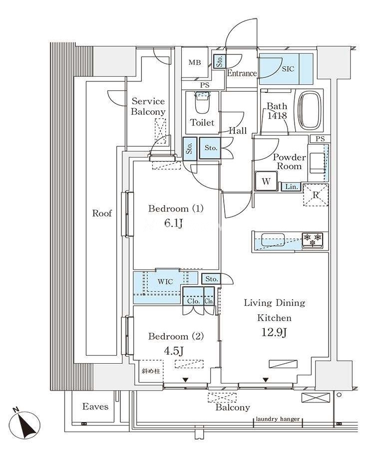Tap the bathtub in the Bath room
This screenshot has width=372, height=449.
[310, 111]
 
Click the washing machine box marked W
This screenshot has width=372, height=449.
[266, 181]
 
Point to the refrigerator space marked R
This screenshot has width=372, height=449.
[316, 195]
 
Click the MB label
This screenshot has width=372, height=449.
[195, 62]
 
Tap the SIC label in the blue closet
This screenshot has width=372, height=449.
[288, 69]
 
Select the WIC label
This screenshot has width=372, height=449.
[165, 281]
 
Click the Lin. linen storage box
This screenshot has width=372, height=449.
[291, 187]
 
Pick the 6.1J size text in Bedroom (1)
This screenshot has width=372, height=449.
[174, 224]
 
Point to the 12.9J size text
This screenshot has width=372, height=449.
[274, 332]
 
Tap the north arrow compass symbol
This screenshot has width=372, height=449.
[24, 424]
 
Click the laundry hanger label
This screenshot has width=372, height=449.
[278, 419]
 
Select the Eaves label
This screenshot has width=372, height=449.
[95, 406]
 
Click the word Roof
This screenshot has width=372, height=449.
[102, 214]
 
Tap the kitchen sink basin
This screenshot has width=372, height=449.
[273, 239]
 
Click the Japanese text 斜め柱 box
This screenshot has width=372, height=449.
[151, 371]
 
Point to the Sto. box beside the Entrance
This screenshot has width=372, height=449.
[220, 61]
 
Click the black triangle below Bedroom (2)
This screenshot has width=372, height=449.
[185, 380]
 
